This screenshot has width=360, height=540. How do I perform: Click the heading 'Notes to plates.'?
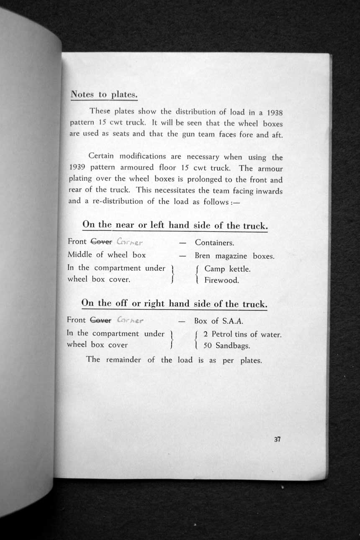tap(104, 94)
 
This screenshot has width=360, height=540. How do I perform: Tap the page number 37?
tap(277, 439)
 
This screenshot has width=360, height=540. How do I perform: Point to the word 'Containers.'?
tap(214, 243)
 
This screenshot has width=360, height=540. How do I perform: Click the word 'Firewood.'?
tap(221, 280)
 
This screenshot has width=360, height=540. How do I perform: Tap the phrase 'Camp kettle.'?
tap(227, 269)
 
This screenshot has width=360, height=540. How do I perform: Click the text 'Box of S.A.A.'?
tap(219, 321)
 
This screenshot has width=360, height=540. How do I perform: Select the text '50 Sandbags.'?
tap(226, 346)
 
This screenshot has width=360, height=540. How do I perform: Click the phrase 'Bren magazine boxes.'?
tap(234, 256)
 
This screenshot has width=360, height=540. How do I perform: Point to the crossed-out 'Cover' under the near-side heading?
tap(101, 242)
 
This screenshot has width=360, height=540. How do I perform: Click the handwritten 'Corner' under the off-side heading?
tap(130, 321)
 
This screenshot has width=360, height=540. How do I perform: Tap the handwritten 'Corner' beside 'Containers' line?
tap(131, 242)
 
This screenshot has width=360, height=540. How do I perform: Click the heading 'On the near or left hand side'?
tap(175, 225)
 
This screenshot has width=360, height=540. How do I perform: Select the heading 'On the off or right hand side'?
tap(174, 303)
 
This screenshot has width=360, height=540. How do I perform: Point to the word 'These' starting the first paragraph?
tap(99, 112)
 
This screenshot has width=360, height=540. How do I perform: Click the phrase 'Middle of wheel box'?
tap(107, 255)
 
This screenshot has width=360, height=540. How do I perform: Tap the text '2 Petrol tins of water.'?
tap(242, 335)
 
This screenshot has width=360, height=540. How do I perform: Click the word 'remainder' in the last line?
tap(123, 360)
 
